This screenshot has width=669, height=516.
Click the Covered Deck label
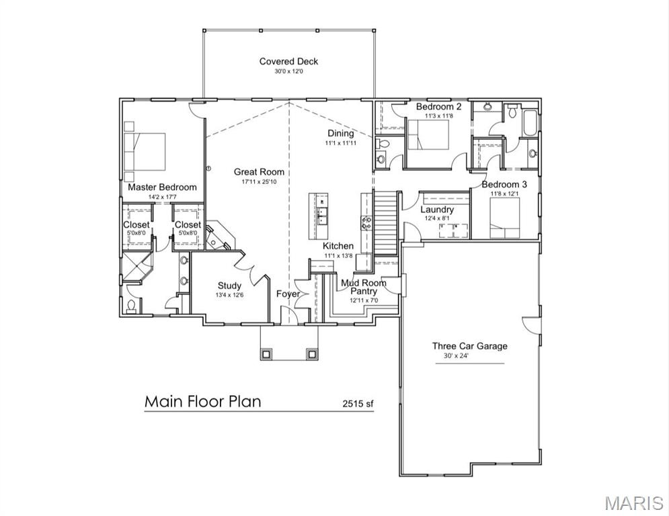pos(288,62)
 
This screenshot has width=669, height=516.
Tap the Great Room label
pos(259,172)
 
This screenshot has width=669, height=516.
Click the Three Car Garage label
pos(469,346)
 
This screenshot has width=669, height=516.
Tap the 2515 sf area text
pos(358,404)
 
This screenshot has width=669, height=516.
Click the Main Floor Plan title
pos(202,402)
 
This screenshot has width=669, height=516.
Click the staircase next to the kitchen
pos(385,222)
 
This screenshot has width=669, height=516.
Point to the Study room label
pos(229,286)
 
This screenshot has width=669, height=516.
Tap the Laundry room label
pos(437,210)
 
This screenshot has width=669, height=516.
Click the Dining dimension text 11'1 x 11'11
pos(340,143)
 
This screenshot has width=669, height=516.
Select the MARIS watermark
pos(633,503)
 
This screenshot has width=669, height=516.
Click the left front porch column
pos(267,353)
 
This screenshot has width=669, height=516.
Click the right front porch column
pos(311,353)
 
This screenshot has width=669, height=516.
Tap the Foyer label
pos(288,294)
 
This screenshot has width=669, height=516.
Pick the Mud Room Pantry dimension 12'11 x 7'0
pos(364,300)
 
